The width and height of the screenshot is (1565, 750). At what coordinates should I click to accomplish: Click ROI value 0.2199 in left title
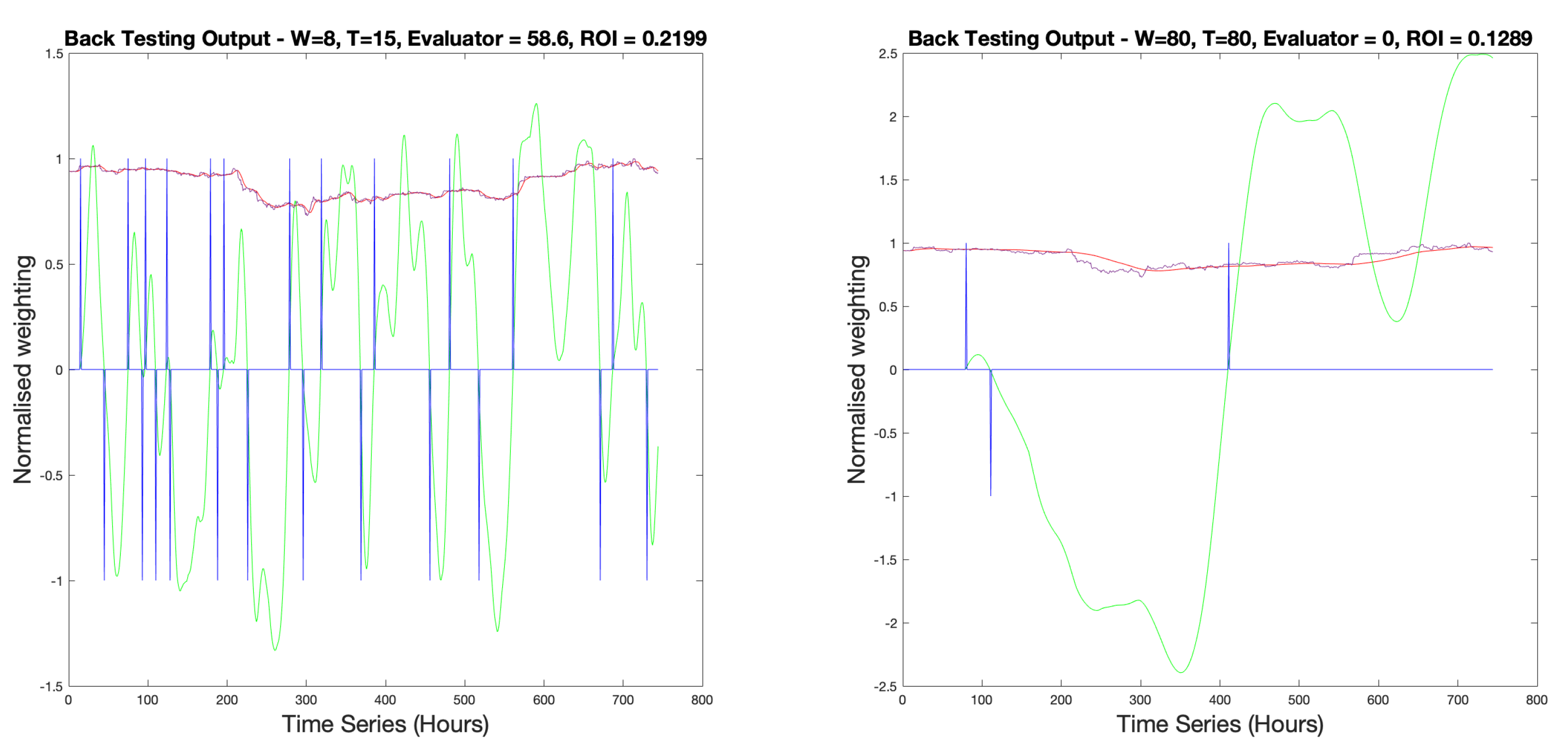[x=674, y=39]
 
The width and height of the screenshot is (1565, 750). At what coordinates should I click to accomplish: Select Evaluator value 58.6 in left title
[x=549, y=39]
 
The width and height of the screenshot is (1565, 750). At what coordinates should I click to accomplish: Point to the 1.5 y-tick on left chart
[x=54, y=54]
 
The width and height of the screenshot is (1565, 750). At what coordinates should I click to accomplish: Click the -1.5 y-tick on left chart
[x=52, y=686]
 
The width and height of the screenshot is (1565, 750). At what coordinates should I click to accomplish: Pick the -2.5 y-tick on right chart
[x=886, y=686]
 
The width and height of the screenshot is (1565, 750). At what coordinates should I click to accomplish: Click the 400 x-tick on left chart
[x=385, y=700]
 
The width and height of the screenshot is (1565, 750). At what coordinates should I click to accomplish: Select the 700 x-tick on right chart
[x=1458, y=700]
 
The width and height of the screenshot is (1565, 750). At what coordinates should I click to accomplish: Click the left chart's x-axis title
[x=385, y=724]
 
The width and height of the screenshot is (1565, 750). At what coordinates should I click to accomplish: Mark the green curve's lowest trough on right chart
[x=1180, y=672]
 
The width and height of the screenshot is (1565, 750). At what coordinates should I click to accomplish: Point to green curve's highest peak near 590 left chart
[x=536, y=104]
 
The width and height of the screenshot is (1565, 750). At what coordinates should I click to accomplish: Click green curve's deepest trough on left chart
[x=275, y=650]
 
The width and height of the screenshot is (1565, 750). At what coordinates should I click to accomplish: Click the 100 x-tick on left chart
[x=148, y=700]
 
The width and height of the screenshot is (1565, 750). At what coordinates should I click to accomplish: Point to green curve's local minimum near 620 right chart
[x=1397, y=321]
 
